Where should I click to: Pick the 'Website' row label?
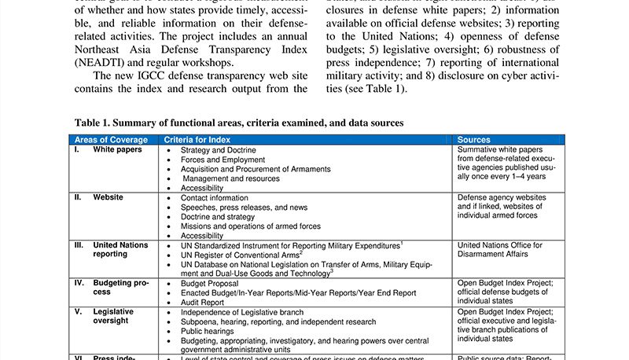109,198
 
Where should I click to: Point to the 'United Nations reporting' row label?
120,250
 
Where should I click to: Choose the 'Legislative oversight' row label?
113,317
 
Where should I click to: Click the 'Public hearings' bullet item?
208,332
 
